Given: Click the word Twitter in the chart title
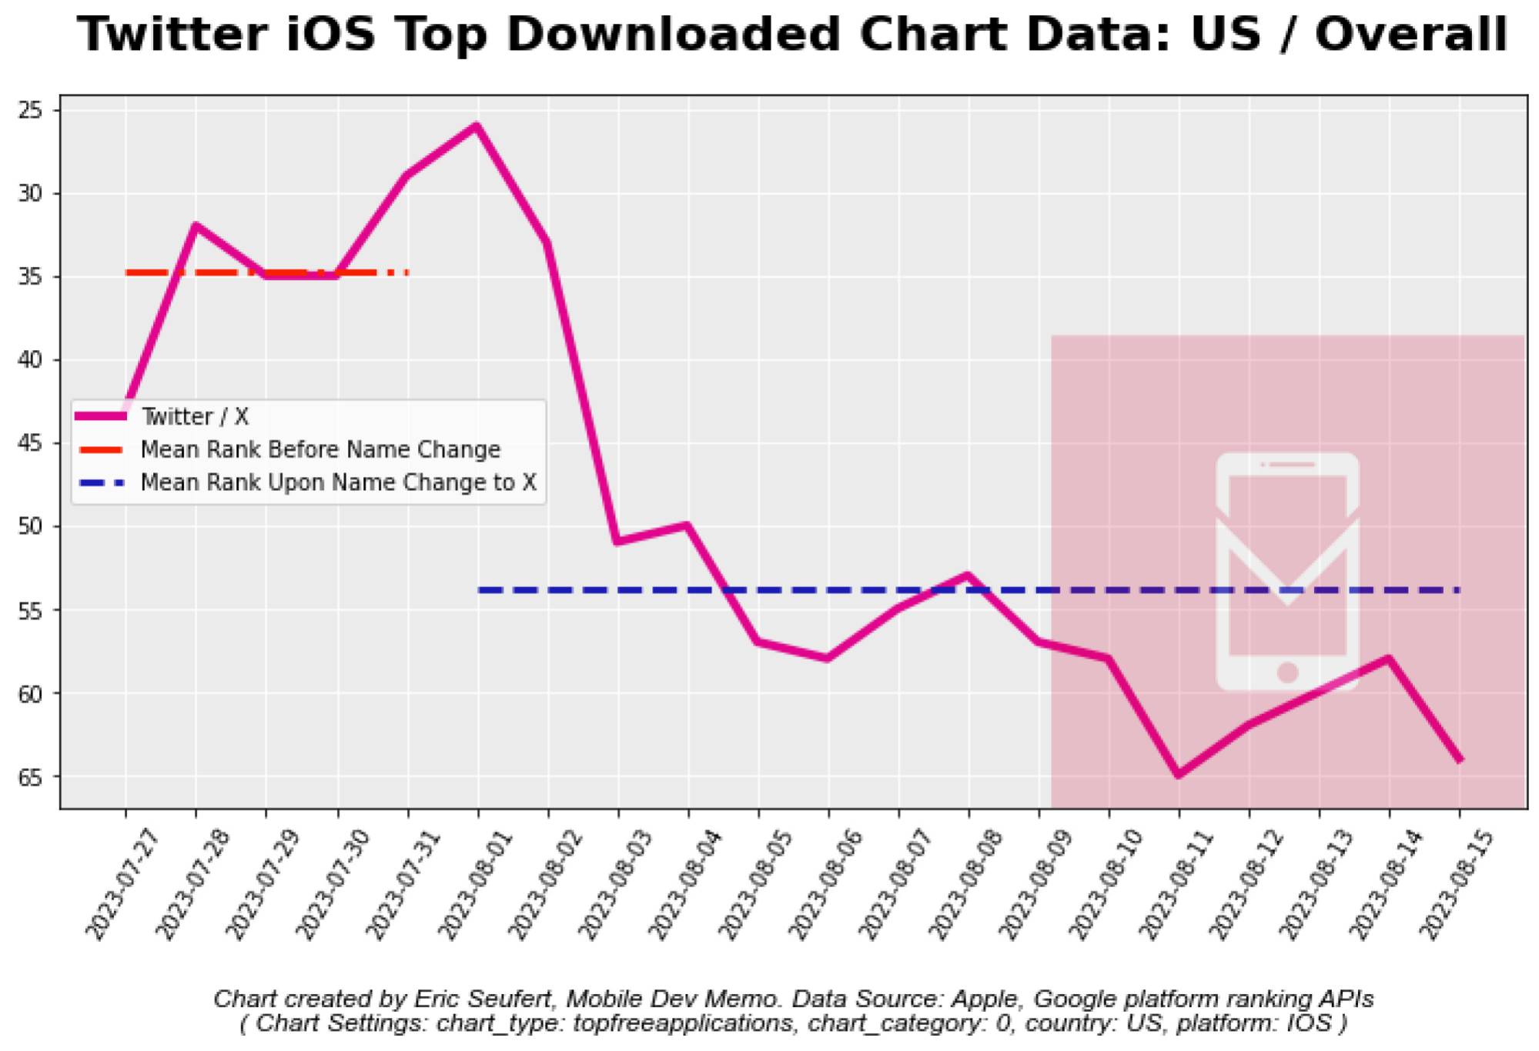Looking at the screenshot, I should (172, 35).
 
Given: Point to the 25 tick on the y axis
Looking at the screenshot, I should (31, 111).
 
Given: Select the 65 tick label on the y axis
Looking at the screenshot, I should (31, 778).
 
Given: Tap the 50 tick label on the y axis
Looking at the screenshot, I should (31, 527).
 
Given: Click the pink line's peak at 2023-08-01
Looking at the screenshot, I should (477, 126).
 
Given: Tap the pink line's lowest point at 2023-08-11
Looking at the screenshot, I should (1179, 775).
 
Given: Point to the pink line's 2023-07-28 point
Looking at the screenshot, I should (196, 225).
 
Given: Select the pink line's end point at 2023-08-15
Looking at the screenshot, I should (1459, 760).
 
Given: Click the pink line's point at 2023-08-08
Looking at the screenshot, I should (969, 576).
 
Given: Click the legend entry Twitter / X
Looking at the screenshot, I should (195, 417).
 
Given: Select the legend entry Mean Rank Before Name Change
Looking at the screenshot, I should (320, 450).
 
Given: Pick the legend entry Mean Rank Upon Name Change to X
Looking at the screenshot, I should (338, 483).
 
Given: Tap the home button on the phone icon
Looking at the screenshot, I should (1287, 672).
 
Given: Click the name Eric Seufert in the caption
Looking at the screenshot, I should (483, 999).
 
